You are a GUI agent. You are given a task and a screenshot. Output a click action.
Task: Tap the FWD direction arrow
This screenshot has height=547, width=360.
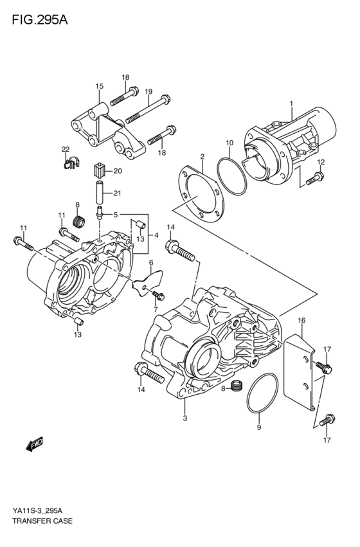point(34,443)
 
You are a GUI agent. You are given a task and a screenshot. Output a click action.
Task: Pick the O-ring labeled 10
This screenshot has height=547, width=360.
point(230,175)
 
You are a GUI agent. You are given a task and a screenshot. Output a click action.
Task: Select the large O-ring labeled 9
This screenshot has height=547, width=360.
point(262,398)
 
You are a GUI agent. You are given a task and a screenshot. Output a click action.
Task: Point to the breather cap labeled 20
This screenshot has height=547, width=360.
point(98,170)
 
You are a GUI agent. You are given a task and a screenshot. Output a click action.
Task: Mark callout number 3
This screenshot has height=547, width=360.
point(185,419)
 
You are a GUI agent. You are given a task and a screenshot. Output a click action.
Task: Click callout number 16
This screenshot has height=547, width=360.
point(301,320)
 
